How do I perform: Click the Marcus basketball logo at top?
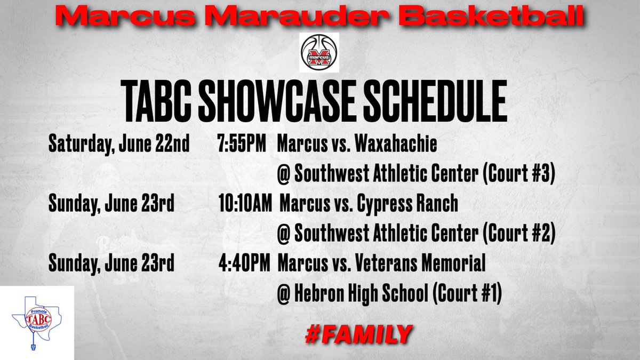point(319,53)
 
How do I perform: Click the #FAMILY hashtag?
point(358,334)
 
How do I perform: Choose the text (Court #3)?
point(519,175)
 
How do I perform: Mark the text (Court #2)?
point(519,235)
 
